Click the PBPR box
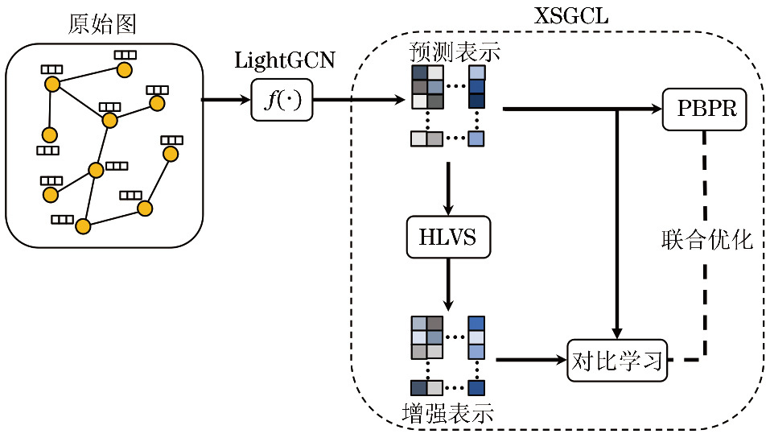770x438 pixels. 705,109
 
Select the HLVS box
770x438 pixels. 449,238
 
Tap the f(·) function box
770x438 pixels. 282,101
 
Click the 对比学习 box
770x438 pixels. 618,359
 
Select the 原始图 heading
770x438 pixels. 101,24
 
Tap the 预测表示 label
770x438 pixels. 455,54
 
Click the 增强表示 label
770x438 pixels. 447,415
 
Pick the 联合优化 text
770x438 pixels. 707,239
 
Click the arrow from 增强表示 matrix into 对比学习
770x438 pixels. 531,359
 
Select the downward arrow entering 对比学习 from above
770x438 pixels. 617,225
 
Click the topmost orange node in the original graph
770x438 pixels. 125,70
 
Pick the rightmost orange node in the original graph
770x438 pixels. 170,153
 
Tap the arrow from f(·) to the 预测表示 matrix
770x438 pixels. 359,101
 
